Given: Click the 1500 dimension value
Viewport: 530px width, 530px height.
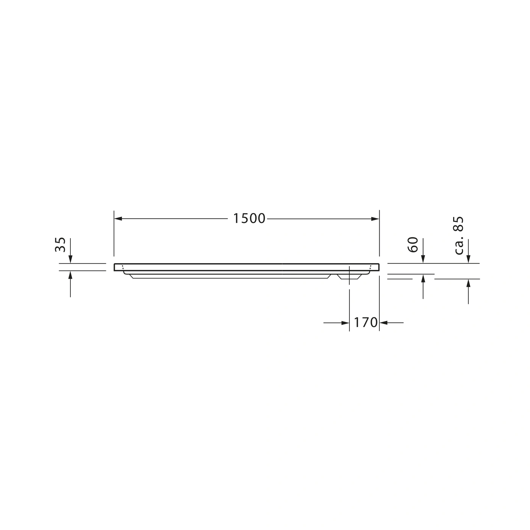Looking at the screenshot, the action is pos(249,219).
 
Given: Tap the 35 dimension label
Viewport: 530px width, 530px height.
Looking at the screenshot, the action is pos(60,245).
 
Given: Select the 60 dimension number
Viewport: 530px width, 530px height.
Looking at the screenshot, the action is pos(413,245).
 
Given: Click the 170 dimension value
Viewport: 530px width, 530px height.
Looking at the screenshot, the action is pos(366,322).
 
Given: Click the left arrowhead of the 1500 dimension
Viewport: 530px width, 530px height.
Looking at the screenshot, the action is pos(118,219).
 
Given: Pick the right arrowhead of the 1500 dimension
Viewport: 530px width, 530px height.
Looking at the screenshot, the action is pos(375,219).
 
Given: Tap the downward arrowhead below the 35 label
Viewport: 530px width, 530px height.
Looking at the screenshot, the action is pos(70,259).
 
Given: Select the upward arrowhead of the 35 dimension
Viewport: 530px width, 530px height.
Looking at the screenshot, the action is pos(70,275).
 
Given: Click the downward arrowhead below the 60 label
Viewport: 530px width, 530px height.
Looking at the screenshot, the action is pos(423,259).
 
